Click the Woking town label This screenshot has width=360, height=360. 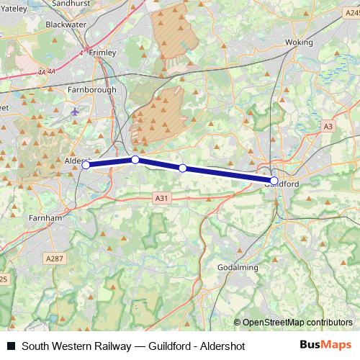(x=300, y=42)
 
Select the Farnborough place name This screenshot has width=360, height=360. (x=91, y=90)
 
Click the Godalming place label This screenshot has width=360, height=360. (x=238, y=268)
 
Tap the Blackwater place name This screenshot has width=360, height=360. (x=86, y=24)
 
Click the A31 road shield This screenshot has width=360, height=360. (x=161, y=197)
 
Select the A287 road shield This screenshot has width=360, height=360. (x=53, y=258)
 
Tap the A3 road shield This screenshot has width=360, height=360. (x=328, y=126)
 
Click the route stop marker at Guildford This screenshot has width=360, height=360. (x=274, y=180)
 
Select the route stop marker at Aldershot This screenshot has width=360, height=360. (x=86, y=165)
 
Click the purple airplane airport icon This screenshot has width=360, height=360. (x=76, y=112)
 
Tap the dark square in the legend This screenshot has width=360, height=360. (x=11, y=346)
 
